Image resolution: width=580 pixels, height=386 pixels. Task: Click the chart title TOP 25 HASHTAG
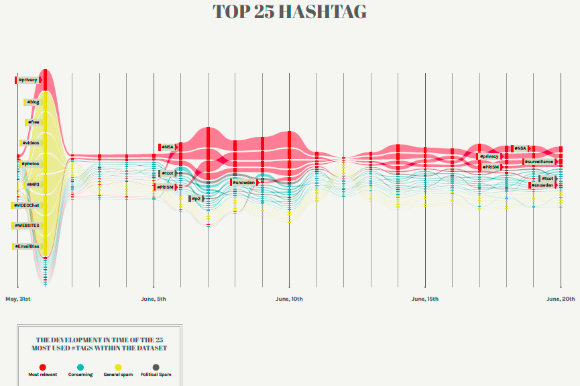[x=290, y=12]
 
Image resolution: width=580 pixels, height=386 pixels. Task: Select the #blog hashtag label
[x=33, y=102]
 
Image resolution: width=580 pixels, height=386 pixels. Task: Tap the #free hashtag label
[x=33, y=122]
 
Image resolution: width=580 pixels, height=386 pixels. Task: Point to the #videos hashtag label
[x=30, y=143]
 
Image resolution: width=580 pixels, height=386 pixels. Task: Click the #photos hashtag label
[x=30, y=164]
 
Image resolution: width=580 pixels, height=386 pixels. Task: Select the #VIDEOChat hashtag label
[x=26, y=205]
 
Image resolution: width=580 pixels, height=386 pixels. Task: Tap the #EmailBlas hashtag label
[x=27, y=246]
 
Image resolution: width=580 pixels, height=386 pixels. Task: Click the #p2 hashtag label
[x=196, y=199]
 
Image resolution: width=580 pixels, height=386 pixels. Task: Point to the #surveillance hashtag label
[x=540, y=162]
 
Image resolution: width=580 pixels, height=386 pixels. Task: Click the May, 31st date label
[x=18, y=298]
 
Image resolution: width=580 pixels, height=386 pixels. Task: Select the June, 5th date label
[x=154, y=298]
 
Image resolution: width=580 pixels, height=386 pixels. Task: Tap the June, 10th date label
[x=290, y=298]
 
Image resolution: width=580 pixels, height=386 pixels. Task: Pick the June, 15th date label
[x=425, y=298]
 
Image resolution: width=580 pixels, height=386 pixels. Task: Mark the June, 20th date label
[x=561, y=298]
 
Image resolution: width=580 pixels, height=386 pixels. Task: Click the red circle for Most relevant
[x=42, y=367]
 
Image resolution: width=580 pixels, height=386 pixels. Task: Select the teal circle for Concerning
[x=80, y=367]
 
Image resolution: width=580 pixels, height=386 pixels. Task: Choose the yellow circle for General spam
[x=118, y=367]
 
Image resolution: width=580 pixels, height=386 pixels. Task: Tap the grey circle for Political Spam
[x=156, y=367]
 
